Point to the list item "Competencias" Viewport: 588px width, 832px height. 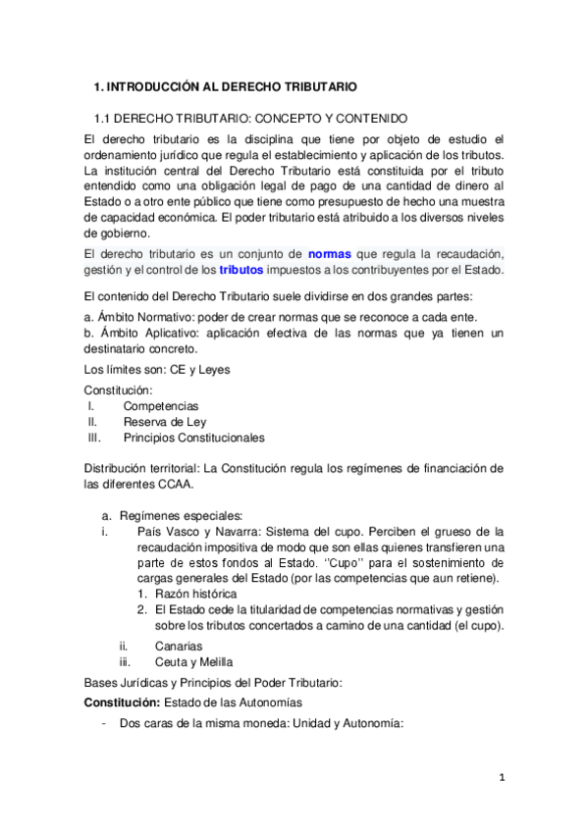click(x=160, y=405)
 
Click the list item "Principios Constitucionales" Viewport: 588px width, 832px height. click(x=193, y=438)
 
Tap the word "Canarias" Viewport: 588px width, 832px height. click(x=178, y=646)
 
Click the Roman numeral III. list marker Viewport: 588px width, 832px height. click(x=94, y=438)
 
